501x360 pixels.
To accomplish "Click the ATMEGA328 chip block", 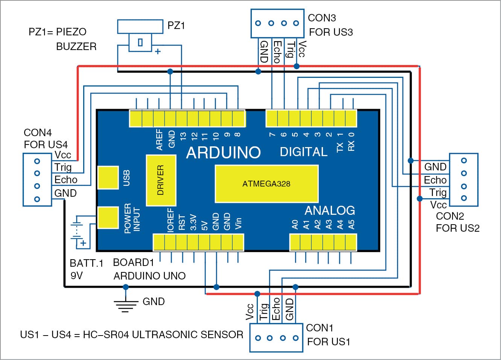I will [x=266, y=184].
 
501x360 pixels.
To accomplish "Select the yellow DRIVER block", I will [x=161, y=180].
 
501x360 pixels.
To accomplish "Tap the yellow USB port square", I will [x=108, y=178].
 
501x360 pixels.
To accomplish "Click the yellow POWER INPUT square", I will [x=108, y=217].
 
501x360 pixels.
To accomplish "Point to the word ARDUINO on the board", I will [x=223, y=152].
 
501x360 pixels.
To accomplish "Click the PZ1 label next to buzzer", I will [x=176, y=26].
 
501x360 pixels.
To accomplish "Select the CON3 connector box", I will [x=277, y=23].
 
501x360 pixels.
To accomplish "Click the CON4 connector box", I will [x=37, y=179].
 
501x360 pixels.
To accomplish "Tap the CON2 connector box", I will [x=464, y=179].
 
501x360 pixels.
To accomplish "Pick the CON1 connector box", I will [x=276, y=337].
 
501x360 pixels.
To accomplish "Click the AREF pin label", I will [x=160, y=140].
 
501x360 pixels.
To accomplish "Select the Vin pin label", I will [x=238, y=223].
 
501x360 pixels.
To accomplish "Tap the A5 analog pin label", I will [x=351, y=225].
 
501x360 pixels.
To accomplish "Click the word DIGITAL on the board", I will [x=303, y=152].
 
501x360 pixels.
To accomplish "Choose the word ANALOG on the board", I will [x=330, y=210].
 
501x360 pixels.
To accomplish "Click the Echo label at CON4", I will [x=65, y=180].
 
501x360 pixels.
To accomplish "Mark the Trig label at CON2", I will [x=438, y=193].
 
